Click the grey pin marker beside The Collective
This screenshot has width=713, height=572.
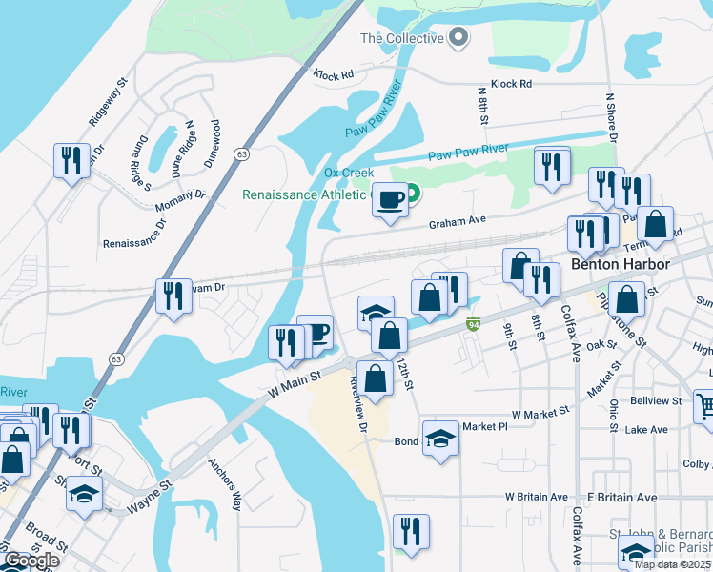458,38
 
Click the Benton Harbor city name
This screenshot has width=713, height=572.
618,263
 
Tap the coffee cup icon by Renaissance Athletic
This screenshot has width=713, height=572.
390,200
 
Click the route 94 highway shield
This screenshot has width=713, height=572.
474,325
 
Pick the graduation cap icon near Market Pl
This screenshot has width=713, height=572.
439,439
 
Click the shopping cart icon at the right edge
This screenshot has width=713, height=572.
704,406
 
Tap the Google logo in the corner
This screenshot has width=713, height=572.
31,561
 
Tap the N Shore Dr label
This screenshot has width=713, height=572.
611,119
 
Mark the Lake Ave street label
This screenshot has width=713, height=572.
646,430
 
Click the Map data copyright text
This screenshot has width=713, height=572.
673,563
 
